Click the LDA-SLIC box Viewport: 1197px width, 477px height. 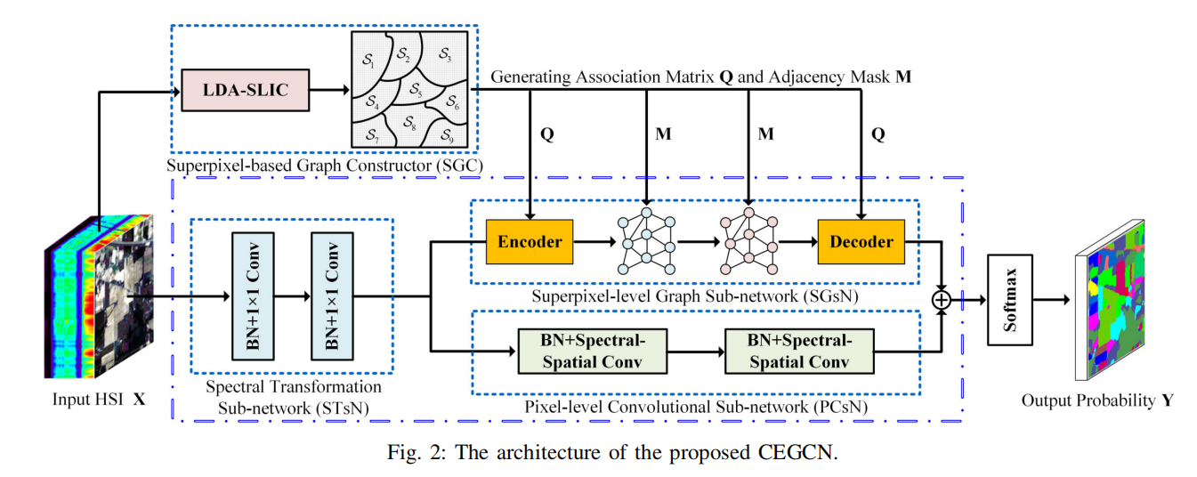coord(246,90)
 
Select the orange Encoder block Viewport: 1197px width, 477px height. coord(530,241)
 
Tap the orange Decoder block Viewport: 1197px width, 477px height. coord(861,241)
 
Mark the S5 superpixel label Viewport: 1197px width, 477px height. coord(415,90)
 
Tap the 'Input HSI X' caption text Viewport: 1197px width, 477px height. coord(99,400)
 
